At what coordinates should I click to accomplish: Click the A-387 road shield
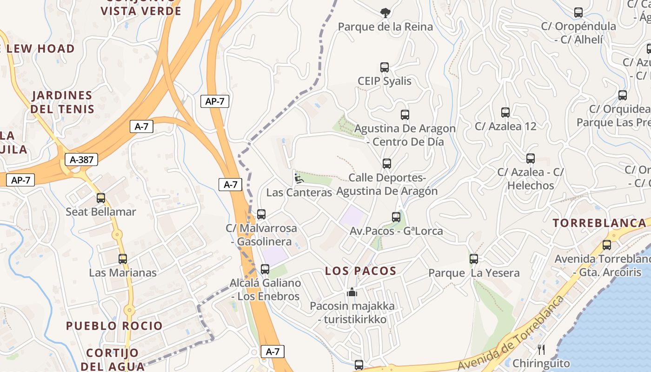[x=81, y=160]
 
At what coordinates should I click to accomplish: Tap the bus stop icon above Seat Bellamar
[x=101, y=198]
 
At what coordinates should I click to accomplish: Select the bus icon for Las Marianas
[x=123, y=259]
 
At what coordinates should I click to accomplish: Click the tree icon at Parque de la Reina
[x=385, y=13]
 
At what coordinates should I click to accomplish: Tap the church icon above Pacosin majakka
[x=352, y=292]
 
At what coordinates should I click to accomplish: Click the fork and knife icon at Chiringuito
[x=541, y=349]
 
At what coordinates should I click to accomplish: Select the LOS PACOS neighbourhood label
[x=360, y=271]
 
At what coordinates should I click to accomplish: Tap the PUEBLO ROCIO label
[x=114, y=325]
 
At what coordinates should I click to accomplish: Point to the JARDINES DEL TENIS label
[x=62, y=102]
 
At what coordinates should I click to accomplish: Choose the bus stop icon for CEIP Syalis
[x=385, y=67]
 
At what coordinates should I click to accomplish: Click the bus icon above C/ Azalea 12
[x=505, y=113]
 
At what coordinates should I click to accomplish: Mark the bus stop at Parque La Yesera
[x=474, y=259]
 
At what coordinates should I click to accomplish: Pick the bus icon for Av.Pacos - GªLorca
[x=396, y=217]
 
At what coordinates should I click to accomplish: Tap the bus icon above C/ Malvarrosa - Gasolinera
[x=261, y=214]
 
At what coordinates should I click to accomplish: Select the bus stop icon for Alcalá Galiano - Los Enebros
[x=265, y=269]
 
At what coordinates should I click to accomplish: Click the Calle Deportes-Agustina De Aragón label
[x=387, y=184]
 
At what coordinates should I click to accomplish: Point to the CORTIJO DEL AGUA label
[x=113, y=359]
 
